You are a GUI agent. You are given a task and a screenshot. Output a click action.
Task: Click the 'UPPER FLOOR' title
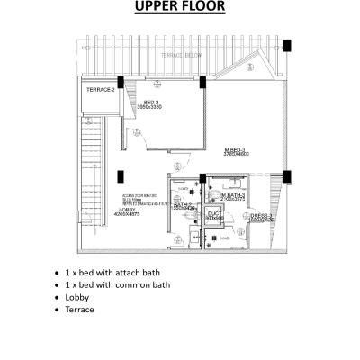point(180,10)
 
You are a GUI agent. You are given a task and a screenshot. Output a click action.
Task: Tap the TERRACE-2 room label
point(100,91)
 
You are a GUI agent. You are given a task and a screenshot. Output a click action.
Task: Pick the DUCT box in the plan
point(213,217)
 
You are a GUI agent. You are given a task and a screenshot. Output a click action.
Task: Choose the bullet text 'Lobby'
point(77,296)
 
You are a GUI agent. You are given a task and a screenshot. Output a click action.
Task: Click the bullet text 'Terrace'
point(80,309)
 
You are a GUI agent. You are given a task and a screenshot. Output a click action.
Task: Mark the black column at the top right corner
point(285,45)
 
